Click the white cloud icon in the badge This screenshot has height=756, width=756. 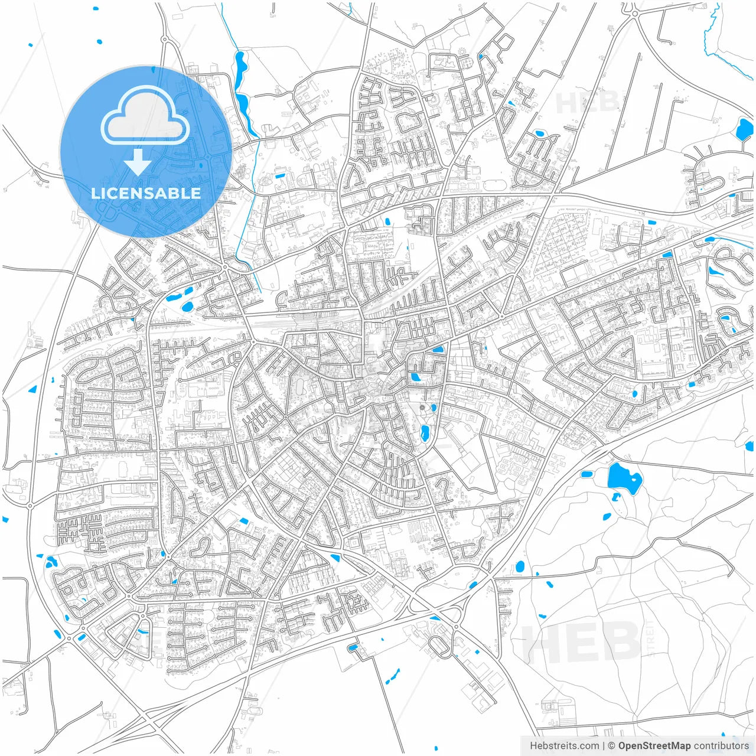click(145, 116)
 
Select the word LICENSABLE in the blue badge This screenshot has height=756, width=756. click(145, 193)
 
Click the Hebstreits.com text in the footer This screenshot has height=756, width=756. click(564, 746)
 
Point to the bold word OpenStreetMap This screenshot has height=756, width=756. click(654, 746)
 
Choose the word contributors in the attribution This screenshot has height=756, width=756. click(721, 746)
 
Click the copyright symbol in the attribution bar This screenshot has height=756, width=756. click(612, 746)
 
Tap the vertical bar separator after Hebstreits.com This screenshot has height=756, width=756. click(604, 746)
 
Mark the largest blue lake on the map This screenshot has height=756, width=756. click(624, 479)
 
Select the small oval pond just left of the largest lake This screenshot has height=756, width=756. click(586, 474)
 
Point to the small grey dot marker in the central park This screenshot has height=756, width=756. click(422, 407)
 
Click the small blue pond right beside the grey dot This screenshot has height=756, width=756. click(434, 407)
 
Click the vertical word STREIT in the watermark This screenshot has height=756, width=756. click(650, 638)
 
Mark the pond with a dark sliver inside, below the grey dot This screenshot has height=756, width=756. click(425, 434)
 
